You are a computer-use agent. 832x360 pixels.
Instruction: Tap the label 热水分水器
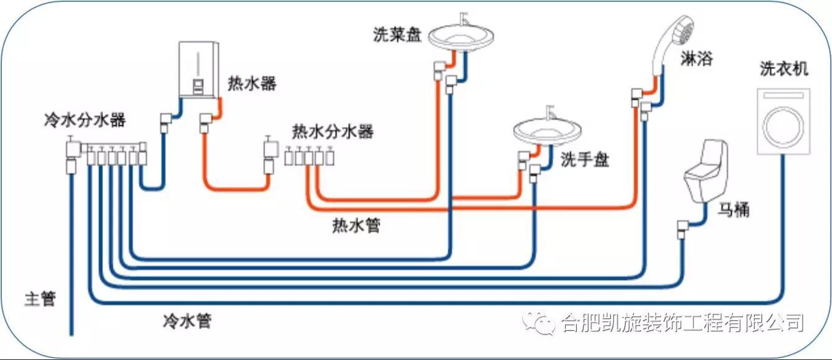point(332,132)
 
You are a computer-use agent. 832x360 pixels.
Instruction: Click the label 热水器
point(252,83)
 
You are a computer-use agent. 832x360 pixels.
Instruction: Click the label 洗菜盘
point(397,35)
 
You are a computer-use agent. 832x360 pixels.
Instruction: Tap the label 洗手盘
point(584,160)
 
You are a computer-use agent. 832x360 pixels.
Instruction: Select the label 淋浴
point(695,59)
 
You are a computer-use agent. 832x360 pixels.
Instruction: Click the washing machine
point(783,121)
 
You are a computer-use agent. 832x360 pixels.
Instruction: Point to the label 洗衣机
point(784,69)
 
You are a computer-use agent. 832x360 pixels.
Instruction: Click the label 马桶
point(733,210)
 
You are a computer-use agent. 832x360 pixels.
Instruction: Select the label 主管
point(41,299)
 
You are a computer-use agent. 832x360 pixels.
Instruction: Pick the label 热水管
point(356,225)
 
